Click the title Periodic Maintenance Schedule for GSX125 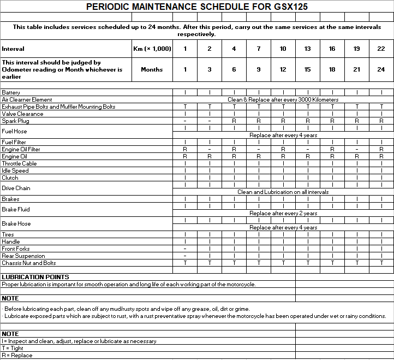(196, 7)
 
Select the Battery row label (11, 92)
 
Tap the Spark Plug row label (15, 121)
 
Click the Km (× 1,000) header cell (152, 49)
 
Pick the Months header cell (152, 69)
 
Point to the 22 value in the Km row (381, 49)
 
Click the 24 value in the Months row (381, 69)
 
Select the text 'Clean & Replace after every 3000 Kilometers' (283, 99)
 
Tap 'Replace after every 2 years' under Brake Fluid (283, 213)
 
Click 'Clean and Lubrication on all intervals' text (283, 192)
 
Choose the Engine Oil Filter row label (21, 149)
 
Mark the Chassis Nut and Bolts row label (28, 263)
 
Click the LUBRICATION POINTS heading (35, 277)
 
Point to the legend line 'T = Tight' (13, 348)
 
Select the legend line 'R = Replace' (17, 355)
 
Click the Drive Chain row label (16, 188)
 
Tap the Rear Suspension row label (23, 256)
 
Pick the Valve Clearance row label (22, 114)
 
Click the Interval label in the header (13, 49)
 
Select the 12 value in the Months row (283, 69)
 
